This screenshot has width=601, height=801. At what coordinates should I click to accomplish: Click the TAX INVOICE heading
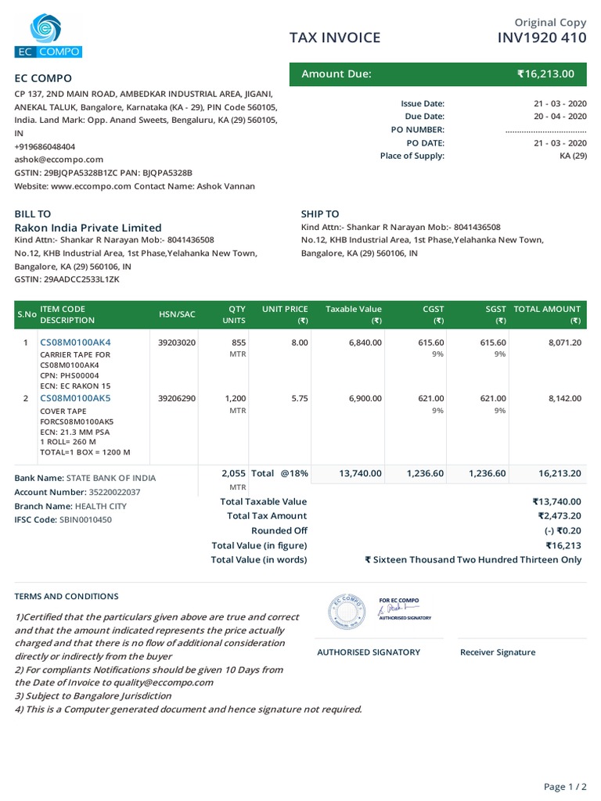tap(335, 38)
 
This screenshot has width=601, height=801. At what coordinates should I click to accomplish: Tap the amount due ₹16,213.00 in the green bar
tap(545, 74)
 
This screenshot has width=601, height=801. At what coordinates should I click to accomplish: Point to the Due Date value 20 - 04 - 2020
tap(560, 116)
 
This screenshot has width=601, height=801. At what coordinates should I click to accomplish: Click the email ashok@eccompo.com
tap(59, 160)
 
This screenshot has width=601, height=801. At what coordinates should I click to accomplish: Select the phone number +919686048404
tap(45, 146)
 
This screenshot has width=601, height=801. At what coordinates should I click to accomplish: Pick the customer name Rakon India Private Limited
tap(88, 228)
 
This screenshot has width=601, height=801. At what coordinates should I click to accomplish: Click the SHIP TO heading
tap(320, 214)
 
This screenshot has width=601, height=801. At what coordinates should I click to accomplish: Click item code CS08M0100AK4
tap(75, 343)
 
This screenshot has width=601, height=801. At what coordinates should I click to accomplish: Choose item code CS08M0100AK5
tap(75, 398)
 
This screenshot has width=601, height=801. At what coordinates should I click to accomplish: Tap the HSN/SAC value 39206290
tap(177, 398)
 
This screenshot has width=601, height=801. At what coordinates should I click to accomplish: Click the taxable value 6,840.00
tap(365, 343)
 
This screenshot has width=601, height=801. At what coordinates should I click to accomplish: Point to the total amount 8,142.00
tap(565, 398)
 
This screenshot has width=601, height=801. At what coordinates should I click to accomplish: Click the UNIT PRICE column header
tap(285, 310)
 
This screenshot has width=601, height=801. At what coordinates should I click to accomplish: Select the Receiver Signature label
tap(498, 652)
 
